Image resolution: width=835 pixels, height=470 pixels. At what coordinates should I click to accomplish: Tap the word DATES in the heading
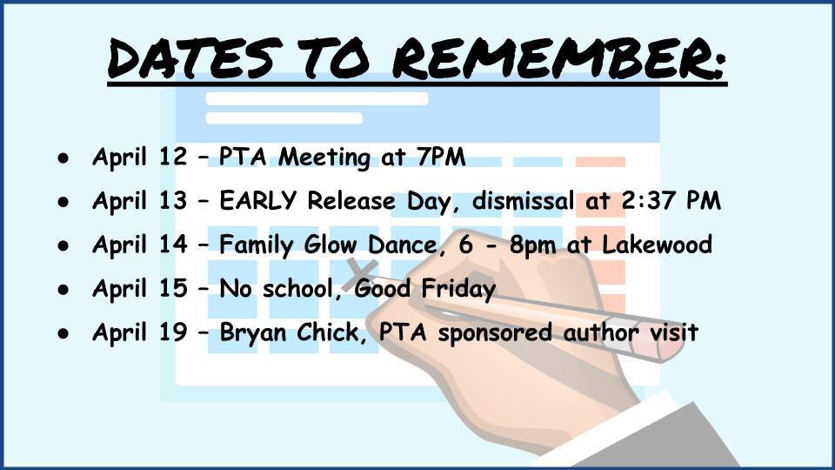point(194,58)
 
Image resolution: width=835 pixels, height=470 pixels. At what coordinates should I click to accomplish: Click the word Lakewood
point(657,245)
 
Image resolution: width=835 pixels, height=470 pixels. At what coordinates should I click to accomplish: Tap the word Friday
point(458,289)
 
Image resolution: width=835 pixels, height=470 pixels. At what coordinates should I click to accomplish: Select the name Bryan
point(254,333)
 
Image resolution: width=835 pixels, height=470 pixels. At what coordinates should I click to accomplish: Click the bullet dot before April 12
point(63,158)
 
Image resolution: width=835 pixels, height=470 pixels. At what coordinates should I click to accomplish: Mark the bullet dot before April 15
point(63,289)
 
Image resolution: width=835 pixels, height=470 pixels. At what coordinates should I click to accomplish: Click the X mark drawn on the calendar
point(362,272)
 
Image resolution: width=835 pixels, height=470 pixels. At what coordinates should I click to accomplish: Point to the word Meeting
point(324,158)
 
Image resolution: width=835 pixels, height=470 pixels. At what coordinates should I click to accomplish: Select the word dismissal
point(523,201)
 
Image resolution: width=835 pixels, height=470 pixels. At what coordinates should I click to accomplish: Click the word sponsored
point(495,333)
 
